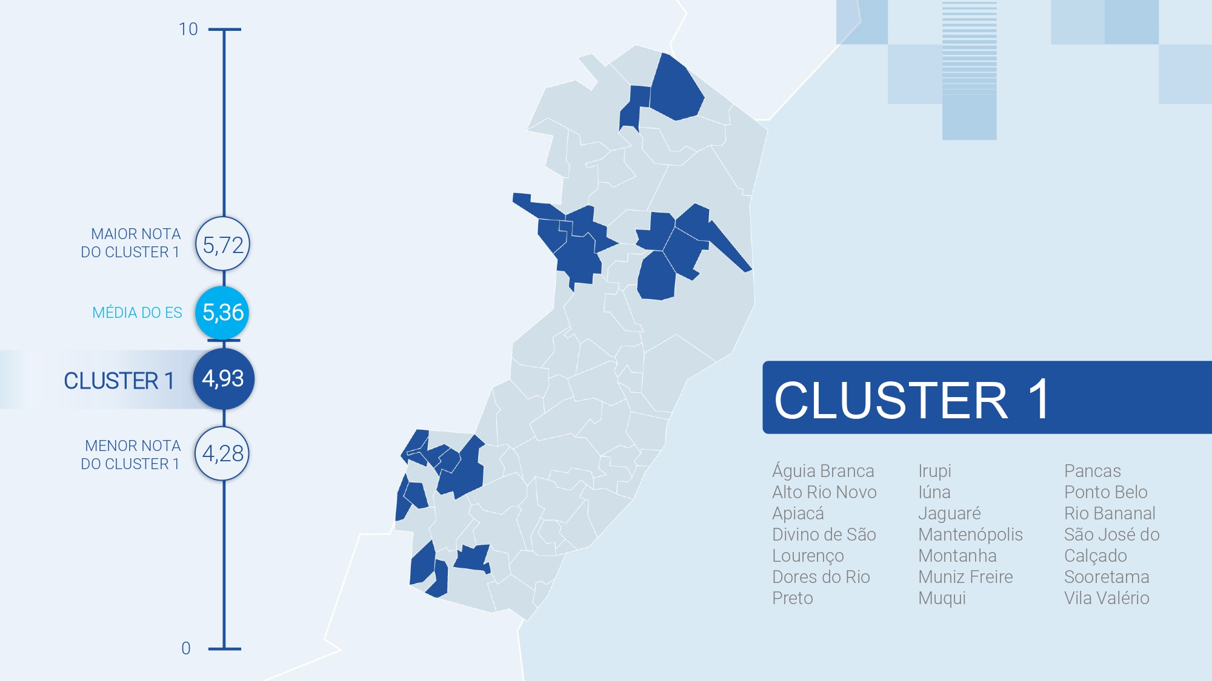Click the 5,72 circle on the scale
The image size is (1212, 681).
click(222, 245)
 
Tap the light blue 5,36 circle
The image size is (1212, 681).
click(222, 312)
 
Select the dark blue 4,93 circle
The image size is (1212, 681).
click(223, 379)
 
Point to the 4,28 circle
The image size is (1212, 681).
click(222, 453)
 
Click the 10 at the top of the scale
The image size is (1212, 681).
click(188, 29)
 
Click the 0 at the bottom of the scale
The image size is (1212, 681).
click(186, 648)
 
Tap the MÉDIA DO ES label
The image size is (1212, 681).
click(137, 312)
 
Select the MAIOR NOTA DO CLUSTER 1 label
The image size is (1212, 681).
click(131, 243)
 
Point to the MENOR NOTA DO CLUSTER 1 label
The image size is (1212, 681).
click(131, 455)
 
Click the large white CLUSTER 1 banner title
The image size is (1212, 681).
click(912, 400)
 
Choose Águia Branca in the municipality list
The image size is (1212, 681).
click(823, 471)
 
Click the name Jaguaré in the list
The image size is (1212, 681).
click(949, 513)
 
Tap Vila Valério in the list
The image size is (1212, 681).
click(1107, 598)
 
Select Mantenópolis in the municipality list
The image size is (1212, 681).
click(970, 535)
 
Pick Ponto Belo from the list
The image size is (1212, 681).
click(1106, 492)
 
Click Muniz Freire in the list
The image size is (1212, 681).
click(965, 577)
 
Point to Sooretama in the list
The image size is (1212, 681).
click(1107, 577)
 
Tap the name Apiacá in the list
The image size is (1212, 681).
click(798, 513)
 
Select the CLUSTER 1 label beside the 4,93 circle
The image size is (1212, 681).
click(119, 381)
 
